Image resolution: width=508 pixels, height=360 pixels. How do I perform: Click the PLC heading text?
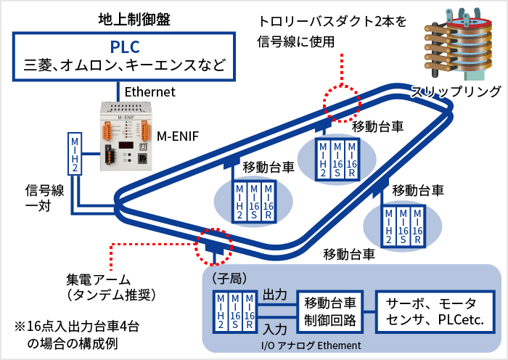[125, 46]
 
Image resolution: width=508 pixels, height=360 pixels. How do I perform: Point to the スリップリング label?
[456, 91]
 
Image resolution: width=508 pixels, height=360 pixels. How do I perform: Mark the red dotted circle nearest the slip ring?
[341, 102]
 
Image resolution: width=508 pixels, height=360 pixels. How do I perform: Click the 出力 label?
[275, 296]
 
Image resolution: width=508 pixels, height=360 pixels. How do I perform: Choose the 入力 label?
[275, 328]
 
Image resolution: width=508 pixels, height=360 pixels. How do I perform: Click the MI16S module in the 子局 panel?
[234, 311]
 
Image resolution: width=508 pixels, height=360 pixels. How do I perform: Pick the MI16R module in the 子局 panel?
[249, 311]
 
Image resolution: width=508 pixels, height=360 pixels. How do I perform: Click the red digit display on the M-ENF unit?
[125, 145]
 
